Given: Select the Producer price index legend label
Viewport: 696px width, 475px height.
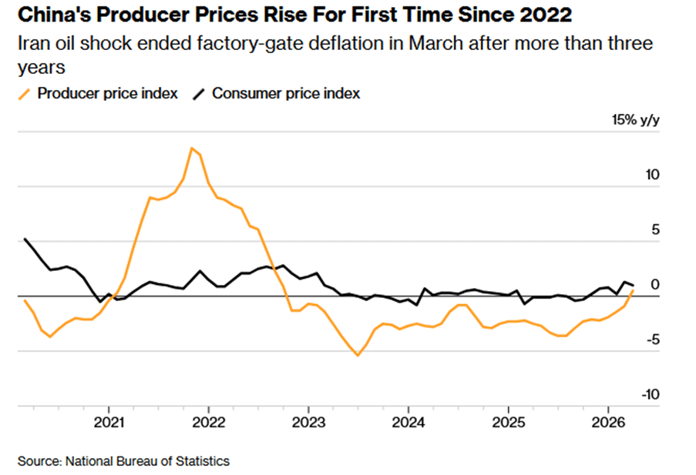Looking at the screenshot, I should (108, 94).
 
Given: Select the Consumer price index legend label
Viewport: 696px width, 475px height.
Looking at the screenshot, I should (286, 94).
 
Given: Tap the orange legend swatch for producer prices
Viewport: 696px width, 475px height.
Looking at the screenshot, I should (25, 94).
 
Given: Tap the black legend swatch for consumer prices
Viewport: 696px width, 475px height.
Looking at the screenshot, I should (199, 94).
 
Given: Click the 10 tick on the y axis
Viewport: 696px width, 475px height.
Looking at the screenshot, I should (653, 175).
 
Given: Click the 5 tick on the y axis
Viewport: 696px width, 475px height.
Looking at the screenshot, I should (656, 229).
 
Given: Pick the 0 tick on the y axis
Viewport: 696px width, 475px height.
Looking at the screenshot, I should (656, 284).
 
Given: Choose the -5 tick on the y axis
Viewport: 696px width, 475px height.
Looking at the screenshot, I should (653, 340).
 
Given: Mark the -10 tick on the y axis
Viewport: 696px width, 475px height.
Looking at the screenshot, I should (651, 394).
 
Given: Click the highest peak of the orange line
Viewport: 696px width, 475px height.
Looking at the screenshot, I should (191, 148).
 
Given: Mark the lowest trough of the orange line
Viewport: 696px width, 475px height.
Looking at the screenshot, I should (358, 355).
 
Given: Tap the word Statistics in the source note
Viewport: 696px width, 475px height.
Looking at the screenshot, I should (203, 461).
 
